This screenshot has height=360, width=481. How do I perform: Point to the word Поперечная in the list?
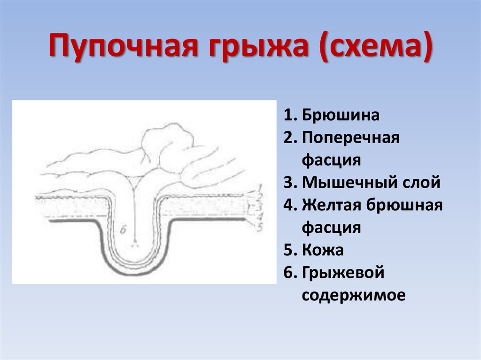tap(350, 138)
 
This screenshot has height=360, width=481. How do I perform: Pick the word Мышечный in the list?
tap(348, 183)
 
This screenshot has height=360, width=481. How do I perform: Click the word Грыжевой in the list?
tap(343, 273)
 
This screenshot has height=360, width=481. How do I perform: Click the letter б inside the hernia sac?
tap(123, 230)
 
